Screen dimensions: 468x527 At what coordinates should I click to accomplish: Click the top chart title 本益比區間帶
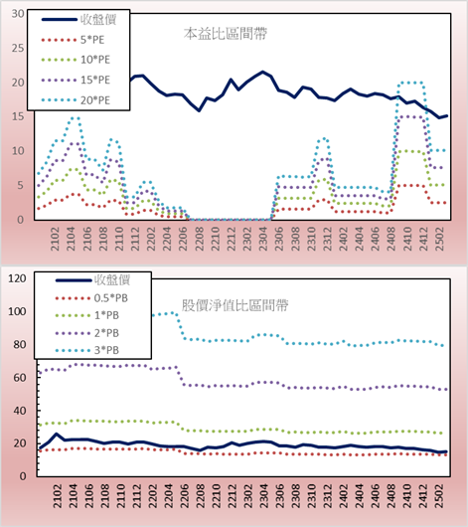point(226,34)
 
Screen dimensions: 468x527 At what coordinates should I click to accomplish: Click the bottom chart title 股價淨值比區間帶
point(234,305)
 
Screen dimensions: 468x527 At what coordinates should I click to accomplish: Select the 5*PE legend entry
point(73,40)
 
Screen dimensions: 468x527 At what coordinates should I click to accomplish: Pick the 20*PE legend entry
point(76,100)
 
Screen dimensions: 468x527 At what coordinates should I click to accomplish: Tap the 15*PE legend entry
point(76,80)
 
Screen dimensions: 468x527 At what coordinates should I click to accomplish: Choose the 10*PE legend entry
point(76,60)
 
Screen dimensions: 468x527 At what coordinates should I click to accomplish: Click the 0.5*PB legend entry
point(91,298)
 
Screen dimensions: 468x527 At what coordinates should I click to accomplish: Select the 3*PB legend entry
point(87,350)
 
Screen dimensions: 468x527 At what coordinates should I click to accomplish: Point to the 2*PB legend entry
point(87,333)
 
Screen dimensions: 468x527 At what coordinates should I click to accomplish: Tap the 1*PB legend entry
point(87,315)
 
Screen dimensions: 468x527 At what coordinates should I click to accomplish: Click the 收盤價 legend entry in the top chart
point(78,20)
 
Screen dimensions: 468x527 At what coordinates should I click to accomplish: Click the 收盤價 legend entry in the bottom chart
point(92,280)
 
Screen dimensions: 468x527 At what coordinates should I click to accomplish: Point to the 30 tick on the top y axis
point(18,14)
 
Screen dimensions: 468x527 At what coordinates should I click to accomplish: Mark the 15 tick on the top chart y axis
point(18,116)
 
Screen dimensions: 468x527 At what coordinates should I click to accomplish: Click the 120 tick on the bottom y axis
point(17,278)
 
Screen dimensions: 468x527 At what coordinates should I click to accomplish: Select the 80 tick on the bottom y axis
point(19,344)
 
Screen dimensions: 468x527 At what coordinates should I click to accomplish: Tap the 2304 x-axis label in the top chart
point(263,239)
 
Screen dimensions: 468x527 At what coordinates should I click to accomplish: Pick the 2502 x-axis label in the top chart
point(440,239)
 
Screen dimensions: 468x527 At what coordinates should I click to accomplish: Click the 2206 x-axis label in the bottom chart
point(185,496)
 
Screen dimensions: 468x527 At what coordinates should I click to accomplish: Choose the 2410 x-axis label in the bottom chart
point(407,496)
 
